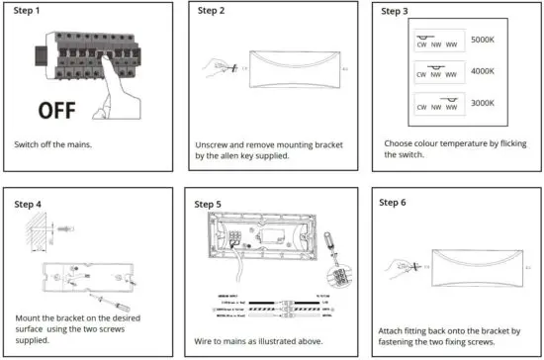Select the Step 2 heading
point(212,11)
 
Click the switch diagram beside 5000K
point(436,41)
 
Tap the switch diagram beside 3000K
point(436,101)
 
